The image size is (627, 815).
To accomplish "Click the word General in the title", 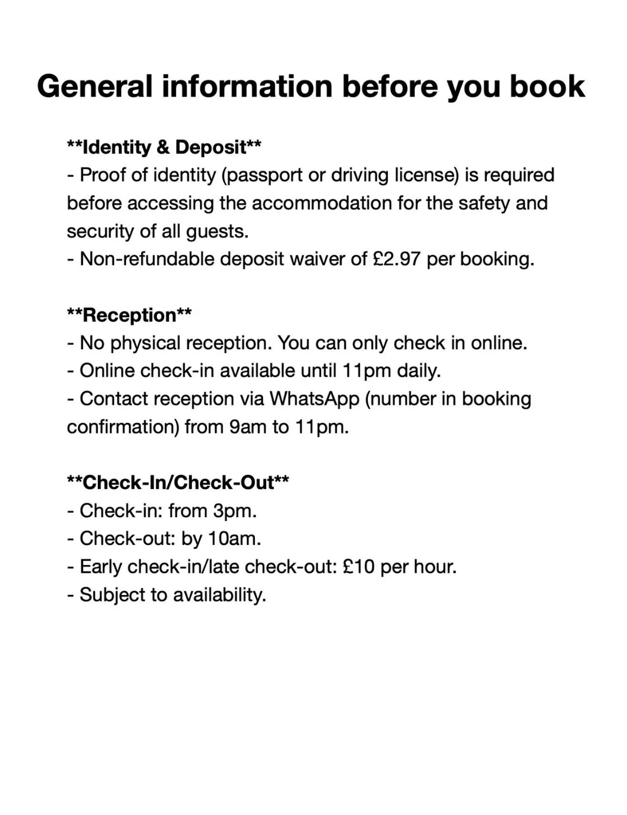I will coord(95,86).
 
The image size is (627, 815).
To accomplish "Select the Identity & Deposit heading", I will coord(164,147).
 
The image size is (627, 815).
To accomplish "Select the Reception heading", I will coord(129,315).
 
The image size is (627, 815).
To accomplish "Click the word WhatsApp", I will coord(314,399).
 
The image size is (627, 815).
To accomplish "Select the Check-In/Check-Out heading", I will coord(178,482).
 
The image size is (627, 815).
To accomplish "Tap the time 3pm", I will coord(235,511).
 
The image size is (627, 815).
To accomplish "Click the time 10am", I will coord(234,539).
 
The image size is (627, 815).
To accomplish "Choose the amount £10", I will coord(358,567).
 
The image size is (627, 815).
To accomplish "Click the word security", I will coord(101,231).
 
